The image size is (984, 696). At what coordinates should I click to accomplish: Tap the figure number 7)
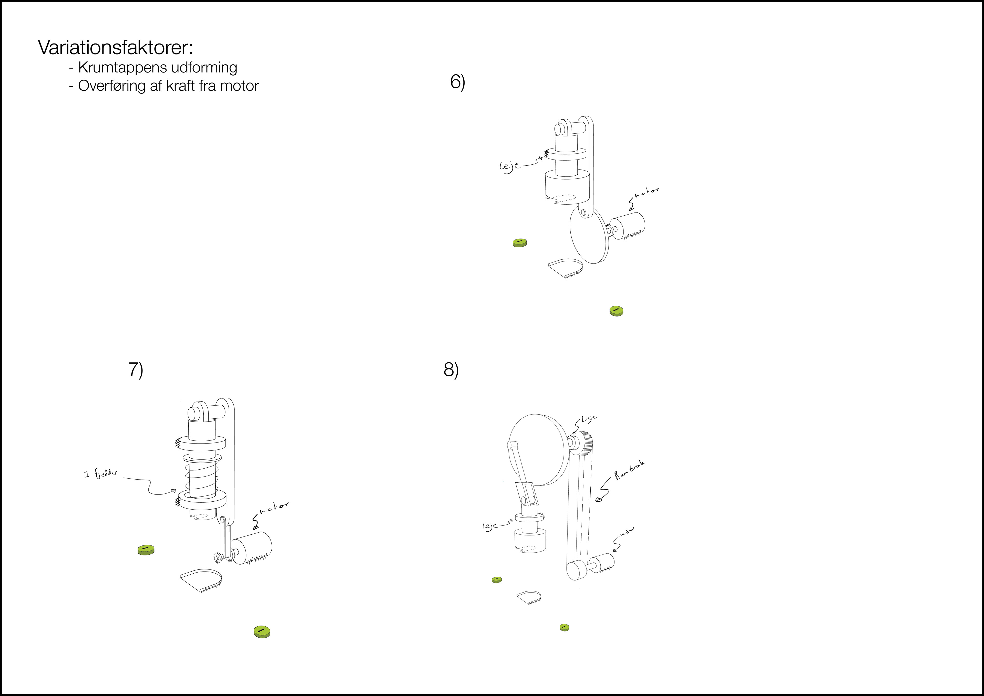(136, 370)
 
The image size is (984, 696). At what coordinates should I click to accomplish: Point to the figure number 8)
(451, 370)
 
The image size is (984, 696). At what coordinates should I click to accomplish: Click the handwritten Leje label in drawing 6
(510, 166)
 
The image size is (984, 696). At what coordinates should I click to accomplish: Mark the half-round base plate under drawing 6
(565, 268)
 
